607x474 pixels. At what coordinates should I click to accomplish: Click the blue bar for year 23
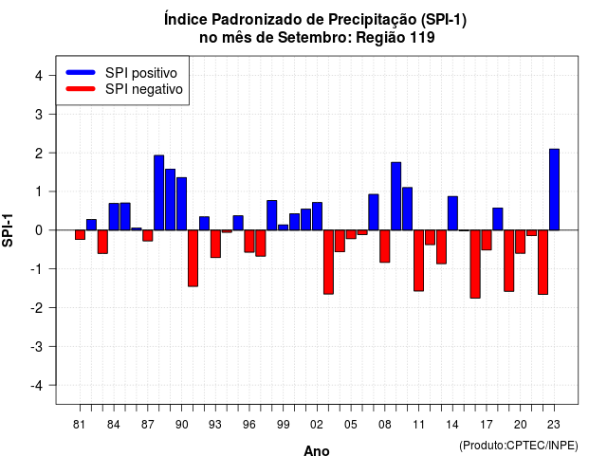[x=554, y=190]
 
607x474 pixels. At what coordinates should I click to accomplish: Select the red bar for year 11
[x=418, y=261]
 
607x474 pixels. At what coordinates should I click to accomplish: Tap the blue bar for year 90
[x=181, y=204]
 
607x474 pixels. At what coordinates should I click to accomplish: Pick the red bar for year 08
[x=384, y=246]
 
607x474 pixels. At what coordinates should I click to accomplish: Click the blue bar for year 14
[x=452, y=213]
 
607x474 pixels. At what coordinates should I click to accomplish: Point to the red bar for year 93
[x=215, y=244]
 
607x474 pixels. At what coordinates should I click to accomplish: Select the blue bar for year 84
[x=114, y=217]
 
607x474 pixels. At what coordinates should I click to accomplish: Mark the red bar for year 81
[x=80, y=235]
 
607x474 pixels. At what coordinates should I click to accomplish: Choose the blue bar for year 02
[x=317, y=216]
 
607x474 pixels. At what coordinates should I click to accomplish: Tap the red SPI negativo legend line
[x=81, y=89]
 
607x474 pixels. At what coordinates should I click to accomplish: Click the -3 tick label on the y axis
[x=36, y=347]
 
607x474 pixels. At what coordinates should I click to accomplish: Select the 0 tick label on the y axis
[x=39, y=230]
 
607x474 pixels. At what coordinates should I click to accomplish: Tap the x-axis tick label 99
[x=283, y=425]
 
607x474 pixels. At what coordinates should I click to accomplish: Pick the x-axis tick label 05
[x=351, y=425]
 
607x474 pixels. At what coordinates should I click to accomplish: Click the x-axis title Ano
[x=317, y=451]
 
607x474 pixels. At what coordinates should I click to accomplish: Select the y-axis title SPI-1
[x=8, y=230]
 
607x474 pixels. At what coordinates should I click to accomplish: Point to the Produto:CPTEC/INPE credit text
[x=519, y=446]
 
